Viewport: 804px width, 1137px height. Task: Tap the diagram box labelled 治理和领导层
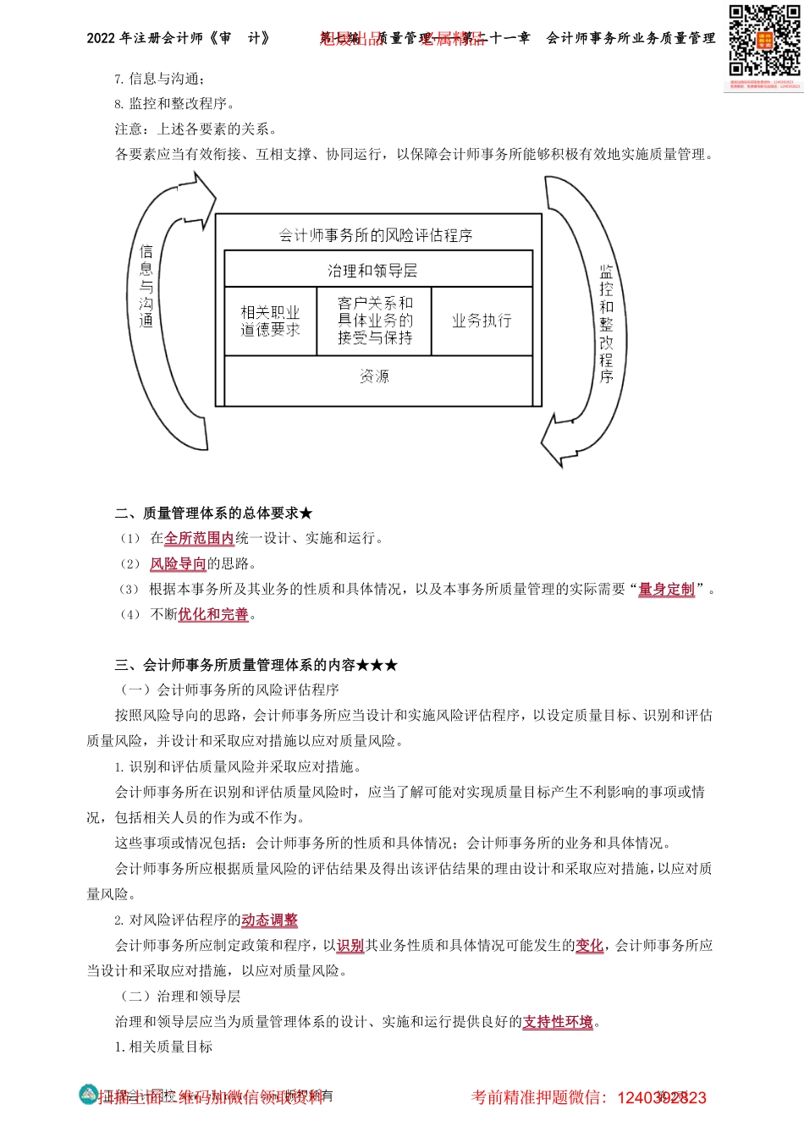[378, 271]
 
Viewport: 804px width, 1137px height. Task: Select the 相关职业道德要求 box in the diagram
[270, 321]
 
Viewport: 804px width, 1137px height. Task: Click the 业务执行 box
[482, 321]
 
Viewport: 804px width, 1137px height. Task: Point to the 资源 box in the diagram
[378, 377]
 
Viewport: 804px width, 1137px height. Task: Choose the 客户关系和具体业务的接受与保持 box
[375, 321]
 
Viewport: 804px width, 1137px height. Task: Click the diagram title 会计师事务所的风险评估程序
[377, 235]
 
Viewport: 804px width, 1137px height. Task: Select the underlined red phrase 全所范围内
[199, 539]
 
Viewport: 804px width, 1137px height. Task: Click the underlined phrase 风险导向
[178, 564]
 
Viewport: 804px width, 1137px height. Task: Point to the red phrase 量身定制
[666, 590]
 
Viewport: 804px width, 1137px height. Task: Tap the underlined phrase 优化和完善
[213, 615]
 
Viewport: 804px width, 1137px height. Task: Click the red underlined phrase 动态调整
[269, 920]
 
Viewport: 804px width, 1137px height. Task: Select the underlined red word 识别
[350, 946]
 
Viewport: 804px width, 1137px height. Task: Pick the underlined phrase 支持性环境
[558, 1022]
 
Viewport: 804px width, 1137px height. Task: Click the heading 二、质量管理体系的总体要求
[213, 514]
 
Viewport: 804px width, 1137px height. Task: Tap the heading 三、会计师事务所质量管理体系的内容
[256, 666]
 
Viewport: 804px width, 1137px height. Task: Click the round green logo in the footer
[89, 1095]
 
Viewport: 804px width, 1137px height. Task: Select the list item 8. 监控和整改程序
[174, 104]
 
